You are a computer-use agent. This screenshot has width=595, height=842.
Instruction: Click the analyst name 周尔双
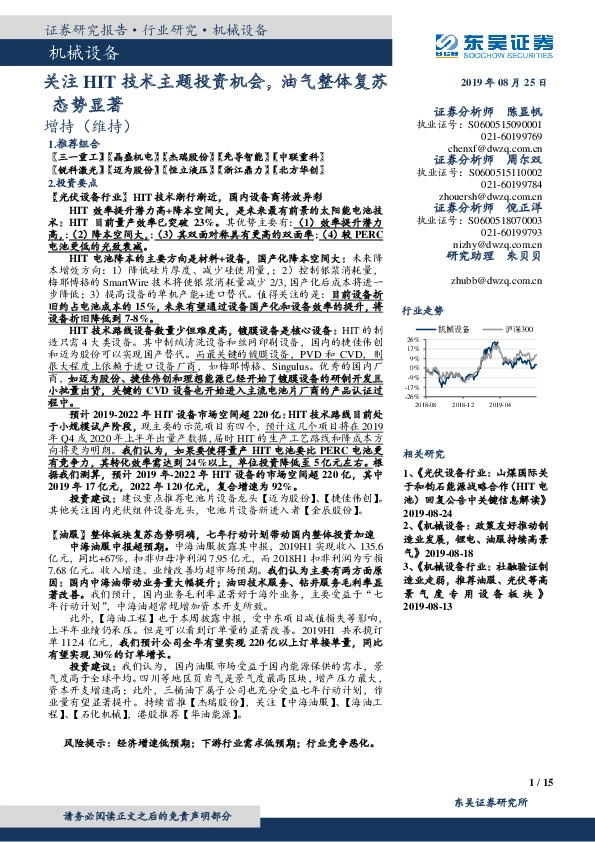click(525, 159)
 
